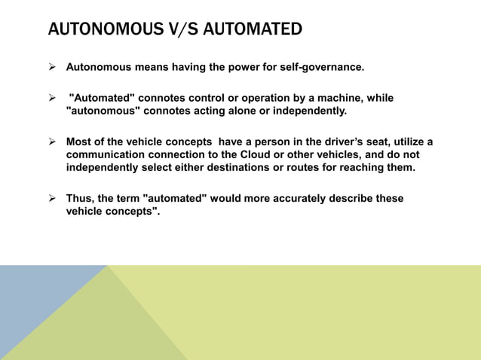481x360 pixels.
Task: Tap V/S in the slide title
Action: click(188, 30)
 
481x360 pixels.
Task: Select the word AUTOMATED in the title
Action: click(254, 30)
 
